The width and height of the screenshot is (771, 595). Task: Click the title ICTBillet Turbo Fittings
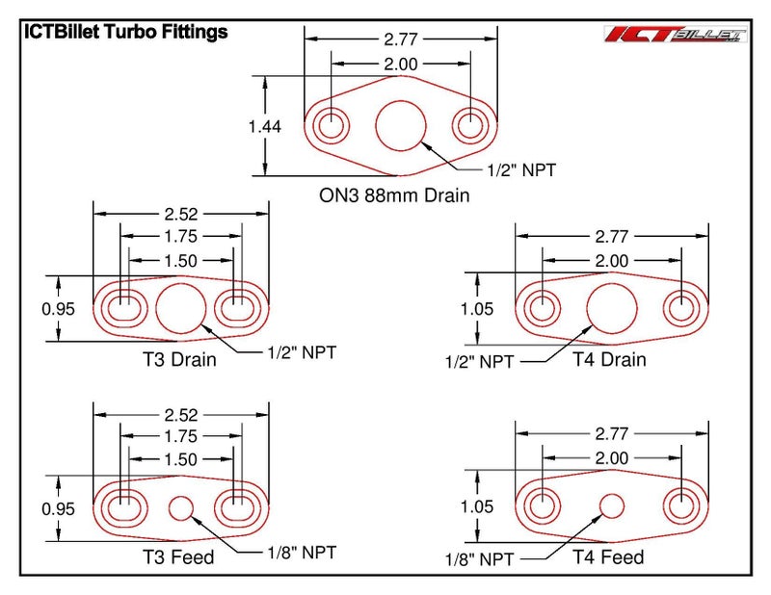pos(125,32)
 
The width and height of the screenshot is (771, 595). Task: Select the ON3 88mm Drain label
pos(394,195)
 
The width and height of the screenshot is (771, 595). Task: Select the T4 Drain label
pos(609,360)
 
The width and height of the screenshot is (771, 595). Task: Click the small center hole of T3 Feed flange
pos(180,506)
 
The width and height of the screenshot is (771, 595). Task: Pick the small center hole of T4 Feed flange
pos(612,504)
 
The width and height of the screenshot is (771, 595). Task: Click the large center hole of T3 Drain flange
pos(180,309)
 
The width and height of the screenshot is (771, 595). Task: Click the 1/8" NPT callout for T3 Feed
pos(302,552)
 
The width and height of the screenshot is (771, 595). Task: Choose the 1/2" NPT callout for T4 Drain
pos(479,361)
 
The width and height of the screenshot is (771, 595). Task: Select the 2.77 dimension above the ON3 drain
pos(400,39)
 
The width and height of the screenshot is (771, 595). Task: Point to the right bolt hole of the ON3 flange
pos(471,125)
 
